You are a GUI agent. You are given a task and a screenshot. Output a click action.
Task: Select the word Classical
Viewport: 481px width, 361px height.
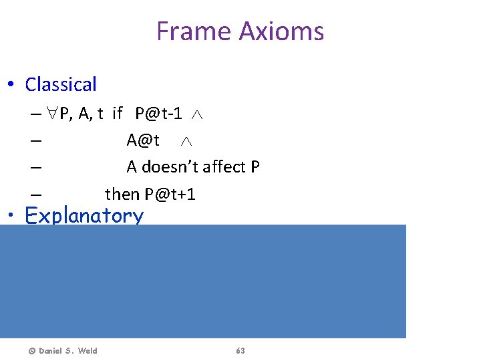(61, 85)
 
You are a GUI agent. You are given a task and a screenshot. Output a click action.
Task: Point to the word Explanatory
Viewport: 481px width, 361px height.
(84, 215)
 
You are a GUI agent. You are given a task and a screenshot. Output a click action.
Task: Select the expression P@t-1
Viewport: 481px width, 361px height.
(158, 114)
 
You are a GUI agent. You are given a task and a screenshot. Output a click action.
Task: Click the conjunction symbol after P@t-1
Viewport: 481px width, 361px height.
(197, 115)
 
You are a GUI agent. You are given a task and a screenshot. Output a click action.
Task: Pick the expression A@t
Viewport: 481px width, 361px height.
(143, 140)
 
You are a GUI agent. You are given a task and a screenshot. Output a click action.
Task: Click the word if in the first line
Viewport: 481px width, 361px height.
(118, 114)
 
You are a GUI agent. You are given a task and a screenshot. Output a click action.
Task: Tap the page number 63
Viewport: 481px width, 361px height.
(240, 351)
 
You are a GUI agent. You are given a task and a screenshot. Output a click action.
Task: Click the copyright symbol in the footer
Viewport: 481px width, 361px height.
(30, 351)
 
